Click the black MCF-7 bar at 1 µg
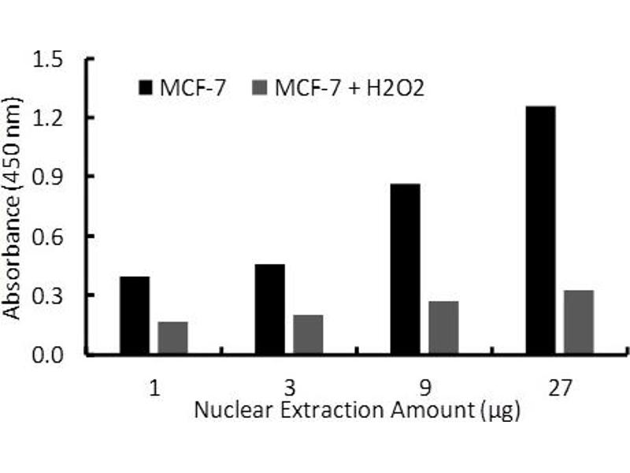(x=135, y=315)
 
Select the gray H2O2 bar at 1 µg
(x=172, y=338)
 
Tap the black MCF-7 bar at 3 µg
(x=270, y=309)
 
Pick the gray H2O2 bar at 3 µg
(x=308, y=335)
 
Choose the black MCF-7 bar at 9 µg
(x=405, y=269)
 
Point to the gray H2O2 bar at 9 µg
(x=443, y=328)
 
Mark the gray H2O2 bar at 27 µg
(x=579, y=322)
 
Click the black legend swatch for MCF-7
(x=147, y=88)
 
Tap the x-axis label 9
(x=424, y=389)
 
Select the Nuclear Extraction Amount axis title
(x=357, y=411)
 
